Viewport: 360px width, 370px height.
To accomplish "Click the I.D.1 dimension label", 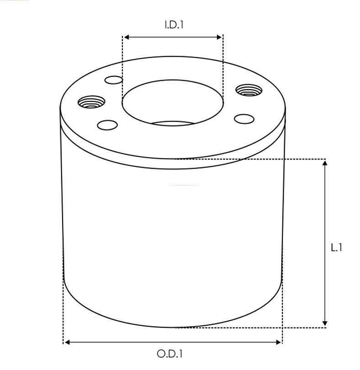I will pos(174,25).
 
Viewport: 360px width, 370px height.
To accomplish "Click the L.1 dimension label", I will pos(337,248).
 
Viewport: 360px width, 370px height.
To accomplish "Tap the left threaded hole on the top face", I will pos(91,101).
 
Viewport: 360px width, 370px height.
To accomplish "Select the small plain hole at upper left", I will pos(114,81).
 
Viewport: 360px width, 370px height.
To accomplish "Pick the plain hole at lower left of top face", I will pos(108,124).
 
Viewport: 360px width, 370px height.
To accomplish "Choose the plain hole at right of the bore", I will pos(244,119).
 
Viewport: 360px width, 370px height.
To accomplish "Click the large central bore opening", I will pos(173,103).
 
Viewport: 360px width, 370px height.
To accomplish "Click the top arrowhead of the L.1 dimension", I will pos(325,163).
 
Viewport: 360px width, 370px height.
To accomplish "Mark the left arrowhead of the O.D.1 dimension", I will pos(67,342).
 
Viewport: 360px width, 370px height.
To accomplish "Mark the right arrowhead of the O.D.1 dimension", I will pos(279,342).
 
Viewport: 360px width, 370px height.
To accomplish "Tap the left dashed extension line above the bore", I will pos(122,64).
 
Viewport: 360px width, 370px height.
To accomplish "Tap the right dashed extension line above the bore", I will pos(223,64).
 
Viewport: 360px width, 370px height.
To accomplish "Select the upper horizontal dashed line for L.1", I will pos(251,159).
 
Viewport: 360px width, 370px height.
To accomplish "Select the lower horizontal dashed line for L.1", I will pos(251,328).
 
